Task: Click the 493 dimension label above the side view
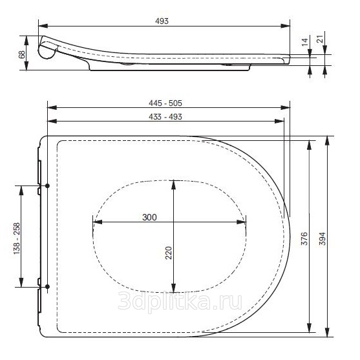(162, 21)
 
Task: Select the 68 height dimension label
(22, 55)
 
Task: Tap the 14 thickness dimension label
(304, 42)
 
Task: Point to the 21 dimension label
(320, 39)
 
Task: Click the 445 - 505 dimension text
(165, 103)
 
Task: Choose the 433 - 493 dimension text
(165, 116)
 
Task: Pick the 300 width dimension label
(149, 217)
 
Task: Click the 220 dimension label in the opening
(169, 253)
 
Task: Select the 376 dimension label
(304, 238)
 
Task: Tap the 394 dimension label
(323, 238)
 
